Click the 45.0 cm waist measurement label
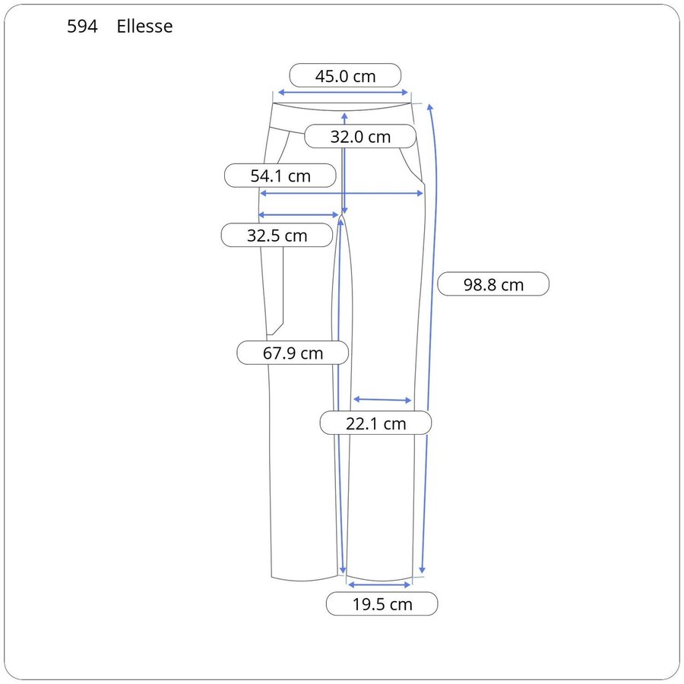(x=345, y=76)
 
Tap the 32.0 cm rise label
(x=360, y=137)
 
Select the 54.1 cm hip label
(x=280, y=176)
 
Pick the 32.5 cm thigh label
(x=277, y=236)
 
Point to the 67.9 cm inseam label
(x=293, y=353)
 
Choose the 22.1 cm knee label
(x=375, y=423)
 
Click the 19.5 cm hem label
(x=382, y=604)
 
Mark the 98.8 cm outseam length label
(x=493, y=284)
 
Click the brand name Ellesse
(x=144, y=26)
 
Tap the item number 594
(x=82, y=26)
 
